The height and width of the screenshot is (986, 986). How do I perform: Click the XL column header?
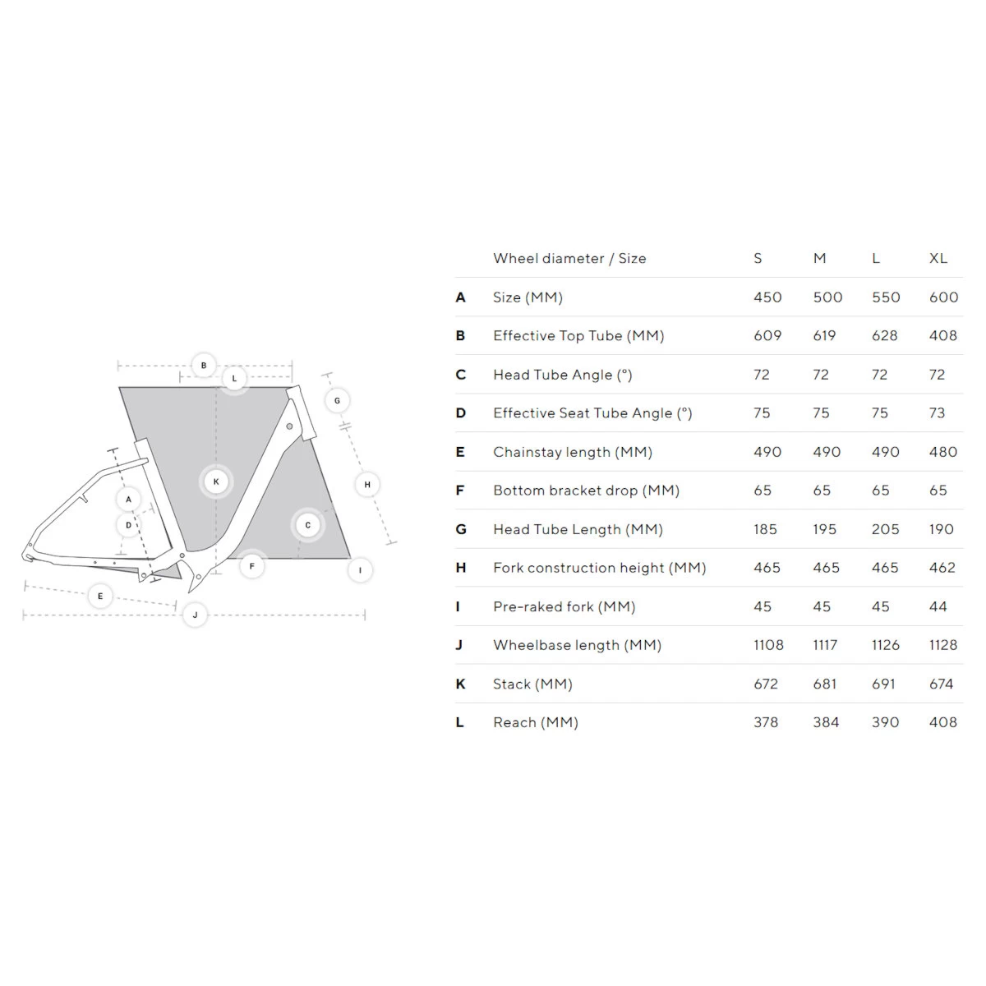click(938, 258)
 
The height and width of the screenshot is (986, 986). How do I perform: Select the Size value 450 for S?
click(767, 297)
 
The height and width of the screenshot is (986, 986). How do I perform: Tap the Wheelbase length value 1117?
click(825, 645)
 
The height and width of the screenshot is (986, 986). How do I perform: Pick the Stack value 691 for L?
click(883, 684)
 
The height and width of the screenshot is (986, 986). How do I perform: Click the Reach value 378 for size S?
click(766, 722)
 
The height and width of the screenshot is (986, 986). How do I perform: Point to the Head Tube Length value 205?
click(885, 529)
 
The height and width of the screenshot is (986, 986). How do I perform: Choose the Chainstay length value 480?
click(942, 452)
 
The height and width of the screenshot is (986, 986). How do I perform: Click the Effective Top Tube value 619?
click(824, 335)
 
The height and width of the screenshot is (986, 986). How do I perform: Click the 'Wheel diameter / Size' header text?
click(569, 258)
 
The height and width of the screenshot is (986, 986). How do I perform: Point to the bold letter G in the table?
click(461, 529)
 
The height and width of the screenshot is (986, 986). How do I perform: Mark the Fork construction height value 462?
click(942, 568)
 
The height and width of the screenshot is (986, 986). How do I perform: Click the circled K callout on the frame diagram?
click(216, 481)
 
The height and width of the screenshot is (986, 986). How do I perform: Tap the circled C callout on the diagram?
click(308, 525)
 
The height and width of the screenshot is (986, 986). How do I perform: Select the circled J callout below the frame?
click(195, 615)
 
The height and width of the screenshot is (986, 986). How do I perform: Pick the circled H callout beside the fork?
click(367, 485)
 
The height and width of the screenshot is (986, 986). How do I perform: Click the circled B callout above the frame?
click(204, 366)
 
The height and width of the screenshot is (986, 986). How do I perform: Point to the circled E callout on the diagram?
click(100, 596)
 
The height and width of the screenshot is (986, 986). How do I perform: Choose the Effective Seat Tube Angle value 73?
click(938, 413)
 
